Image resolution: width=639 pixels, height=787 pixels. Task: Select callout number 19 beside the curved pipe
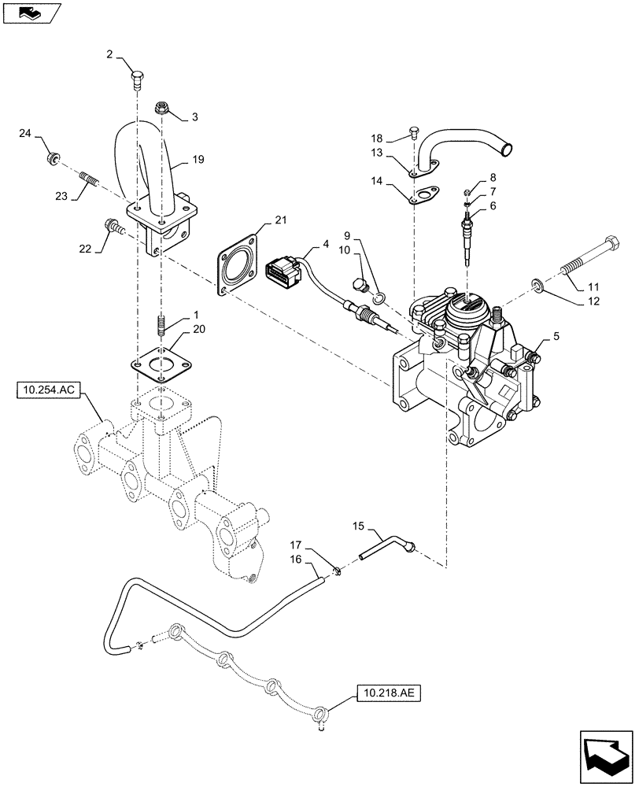pyautogui.click(x=197, y=161)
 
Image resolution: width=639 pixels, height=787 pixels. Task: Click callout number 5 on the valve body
pyautogui.click(x=556, y=335)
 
